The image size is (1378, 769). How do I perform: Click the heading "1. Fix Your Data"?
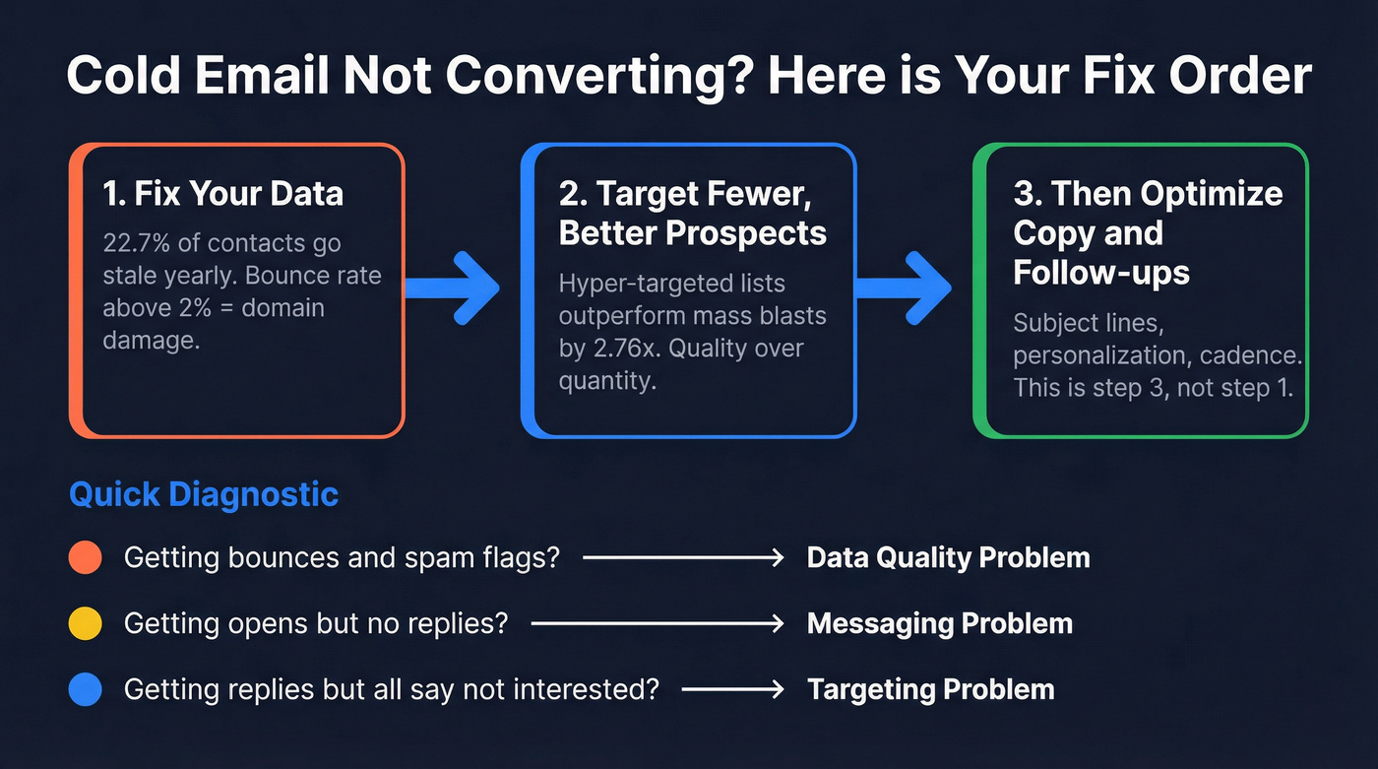click(x=222, y=192)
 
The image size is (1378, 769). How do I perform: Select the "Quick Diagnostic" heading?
click(x=204, y=494)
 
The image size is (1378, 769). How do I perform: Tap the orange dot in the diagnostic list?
click(x=86, y=558)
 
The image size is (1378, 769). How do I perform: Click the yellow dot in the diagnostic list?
click(x=86, y=624)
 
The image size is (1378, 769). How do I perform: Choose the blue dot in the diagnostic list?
click(x=86, y=689)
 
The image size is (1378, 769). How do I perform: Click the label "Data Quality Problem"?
click(x=948, y=558)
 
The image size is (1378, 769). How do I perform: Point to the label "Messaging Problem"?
click(x=939, y=624)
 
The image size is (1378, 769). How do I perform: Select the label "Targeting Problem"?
click(x=930, y=689)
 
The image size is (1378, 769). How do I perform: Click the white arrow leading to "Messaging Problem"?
click(x=657, y=624)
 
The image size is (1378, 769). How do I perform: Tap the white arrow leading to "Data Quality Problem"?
click(x=683, y=558)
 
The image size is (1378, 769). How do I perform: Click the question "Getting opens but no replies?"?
click(x=315, y=624)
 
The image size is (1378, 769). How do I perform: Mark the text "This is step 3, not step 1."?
click(x=1153, y=387)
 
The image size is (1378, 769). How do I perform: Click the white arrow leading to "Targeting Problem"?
click(x=732, y=689)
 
